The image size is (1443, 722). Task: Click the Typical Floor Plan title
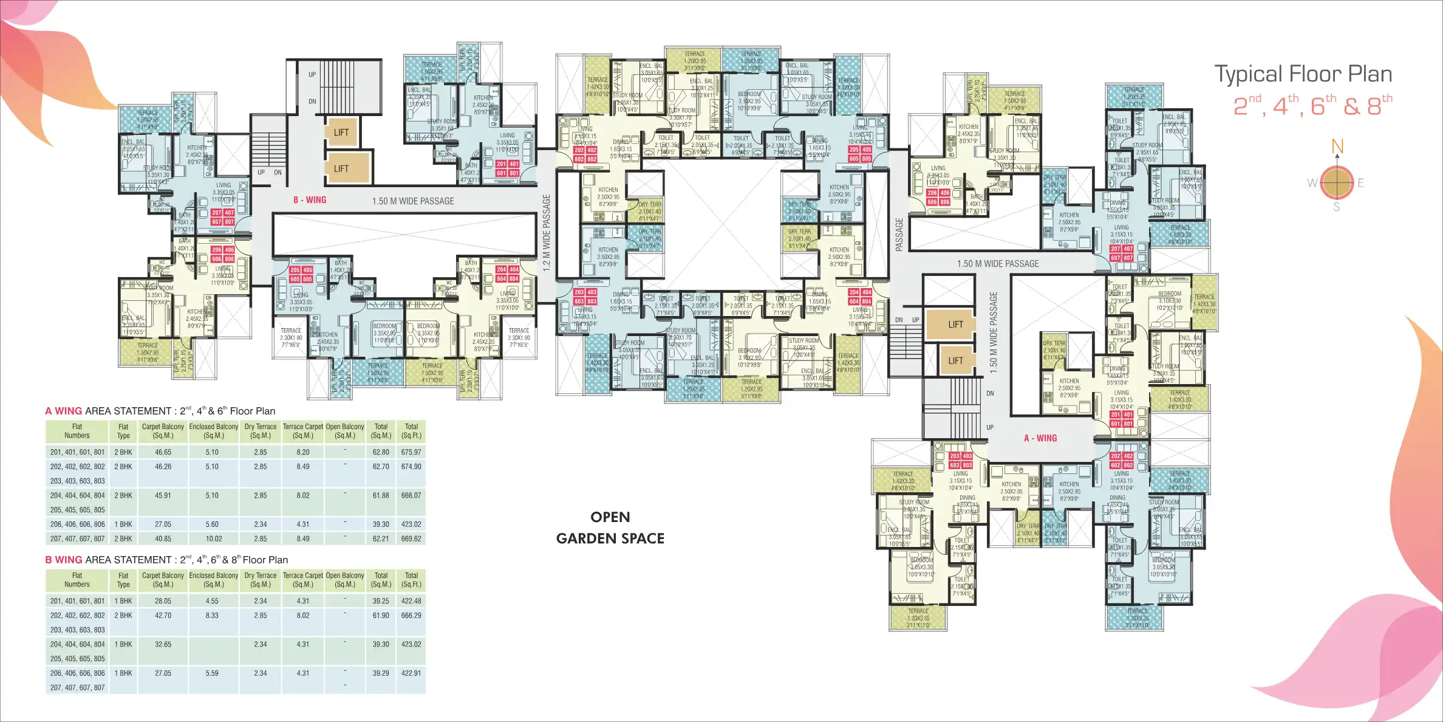pyautogui.click(x=1303, y=74)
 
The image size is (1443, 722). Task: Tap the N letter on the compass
pyautogui.click(x=1337, y=146)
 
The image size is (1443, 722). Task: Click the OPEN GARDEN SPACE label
pyautogui.click(x=610, y=528)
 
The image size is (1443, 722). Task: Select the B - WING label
pyautogui.click(x=310, y=200)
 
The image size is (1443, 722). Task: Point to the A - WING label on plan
pyautogui.click(x=1040, y=438)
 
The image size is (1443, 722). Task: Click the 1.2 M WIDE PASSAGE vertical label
pyautogui.click(x=546, y=233)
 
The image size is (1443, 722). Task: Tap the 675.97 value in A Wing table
pyautogui.click(x=411, y=452)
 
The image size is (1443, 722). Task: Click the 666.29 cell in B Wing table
pyautogui.click(x=411, y=616)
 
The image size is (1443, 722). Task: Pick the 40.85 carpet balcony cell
pyautogui.click(x=163, y=538)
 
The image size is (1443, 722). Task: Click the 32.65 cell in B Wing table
pyautogui.click(x=163, y=644)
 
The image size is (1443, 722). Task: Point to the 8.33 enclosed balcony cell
pyautogui.click(x=212, y=616)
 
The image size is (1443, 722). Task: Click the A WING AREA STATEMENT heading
pyautogui.click(x=160, y=411)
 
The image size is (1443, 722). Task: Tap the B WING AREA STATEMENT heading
pyautogui.click(x=166, y=560)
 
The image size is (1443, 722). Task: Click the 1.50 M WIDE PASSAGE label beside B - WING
pyautogui.click(x=413, y=201)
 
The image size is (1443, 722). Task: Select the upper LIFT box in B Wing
pyautogui.click(x=341, y=132)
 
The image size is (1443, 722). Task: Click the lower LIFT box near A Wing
pyautogui.click(x=955, y=360)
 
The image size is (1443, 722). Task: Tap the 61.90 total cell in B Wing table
pyautogui.click(x=381, y=616)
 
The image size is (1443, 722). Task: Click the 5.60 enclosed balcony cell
pyautogui.click(x=212, y=524)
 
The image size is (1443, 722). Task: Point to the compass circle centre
pyautogui.click(x=1337, y=182)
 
